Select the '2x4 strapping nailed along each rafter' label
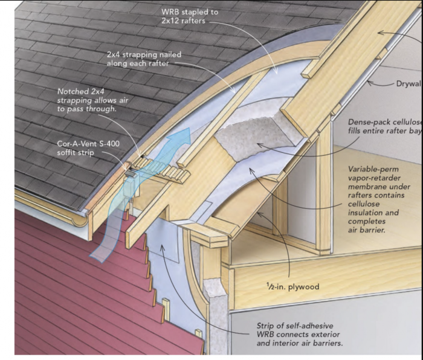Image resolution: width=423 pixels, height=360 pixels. [x=143, y=59]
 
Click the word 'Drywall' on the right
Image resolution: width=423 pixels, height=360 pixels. [x=408, y=83]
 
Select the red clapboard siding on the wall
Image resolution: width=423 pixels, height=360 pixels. [x=66, y=284]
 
